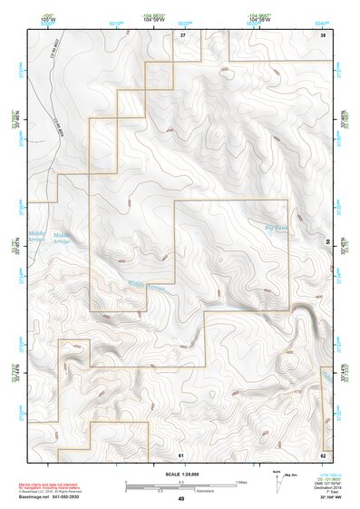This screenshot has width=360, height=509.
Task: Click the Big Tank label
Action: [x=274, y=228]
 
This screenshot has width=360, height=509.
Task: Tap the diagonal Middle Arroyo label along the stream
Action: [x=146, y=286]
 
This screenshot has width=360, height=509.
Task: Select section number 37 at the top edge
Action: [x=181, y=34]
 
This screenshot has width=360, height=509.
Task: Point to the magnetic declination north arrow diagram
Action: [x=277, y=481]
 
